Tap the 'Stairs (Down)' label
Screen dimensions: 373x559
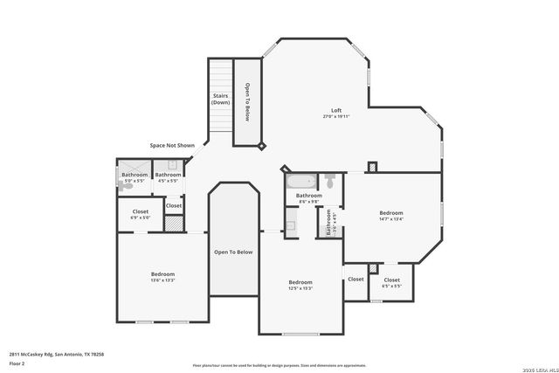point(220,99)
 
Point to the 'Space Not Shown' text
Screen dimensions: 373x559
point(171,145)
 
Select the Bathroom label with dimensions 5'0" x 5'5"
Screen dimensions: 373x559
point(135,175)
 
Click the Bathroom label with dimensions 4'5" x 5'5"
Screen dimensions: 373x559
point(169,175)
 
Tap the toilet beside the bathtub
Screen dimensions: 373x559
point(329,182)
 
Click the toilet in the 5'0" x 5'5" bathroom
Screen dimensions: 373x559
point(124,184)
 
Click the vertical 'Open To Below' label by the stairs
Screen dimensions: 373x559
point(247,101)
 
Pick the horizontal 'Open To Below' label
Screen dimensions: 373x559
point(233,252)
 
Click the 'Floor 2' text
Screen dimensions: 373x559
point(17,363)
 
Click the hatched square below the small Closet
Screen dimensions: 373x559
point(174,223)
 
